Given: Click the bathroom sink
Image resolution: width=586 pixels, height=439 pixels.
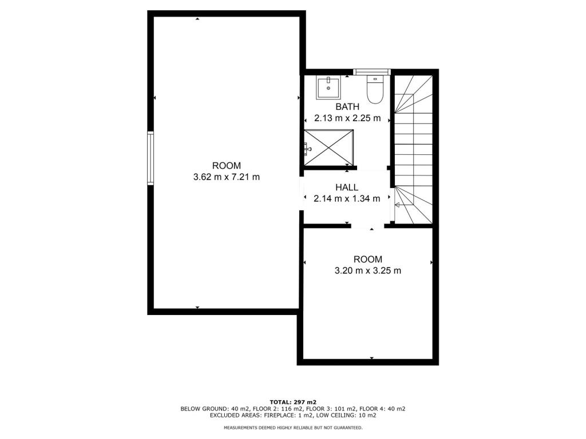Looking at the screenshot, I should point(328,87).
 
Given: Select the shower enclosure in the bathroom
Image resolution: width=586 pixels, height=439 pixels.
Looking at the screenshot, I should point(328,149).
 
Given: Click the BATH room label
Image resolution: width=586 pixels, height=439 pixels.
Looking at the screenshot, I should point(347,107).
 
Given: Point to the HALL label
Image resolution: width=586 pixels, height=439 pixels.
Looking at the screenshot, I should point(347,187).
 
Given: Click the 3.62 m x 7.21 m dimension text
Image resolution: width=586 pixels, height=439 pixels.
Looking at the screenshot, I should point(227,177).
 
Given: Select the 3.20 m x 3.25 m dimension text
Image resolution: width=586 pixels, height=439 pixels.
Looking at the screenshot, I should point(367,270).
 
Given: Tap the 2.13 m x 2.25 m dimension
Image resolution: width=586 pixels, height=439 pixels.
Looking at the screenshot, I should point(347,119).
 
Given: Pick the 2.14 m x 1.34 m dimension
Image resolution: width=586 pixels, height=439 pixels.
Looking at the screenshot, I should point(347,199).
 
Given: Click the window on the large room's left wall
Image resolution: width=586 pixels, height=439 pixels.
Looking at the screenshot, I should point(151,158).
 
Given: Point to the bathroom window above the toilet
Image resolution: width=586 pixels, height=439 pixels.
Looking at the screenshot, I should point(372,71).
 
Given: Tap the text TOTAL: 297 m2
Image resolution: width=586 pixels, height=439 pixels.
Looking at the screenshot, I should point(293,402).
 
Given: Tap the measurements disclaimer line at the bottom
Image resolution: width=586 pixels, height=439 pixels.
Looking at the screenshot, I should point(293,428).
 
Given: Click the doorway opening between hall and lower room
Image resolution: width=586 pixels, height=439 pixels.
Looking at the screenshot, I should point(367,226).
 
